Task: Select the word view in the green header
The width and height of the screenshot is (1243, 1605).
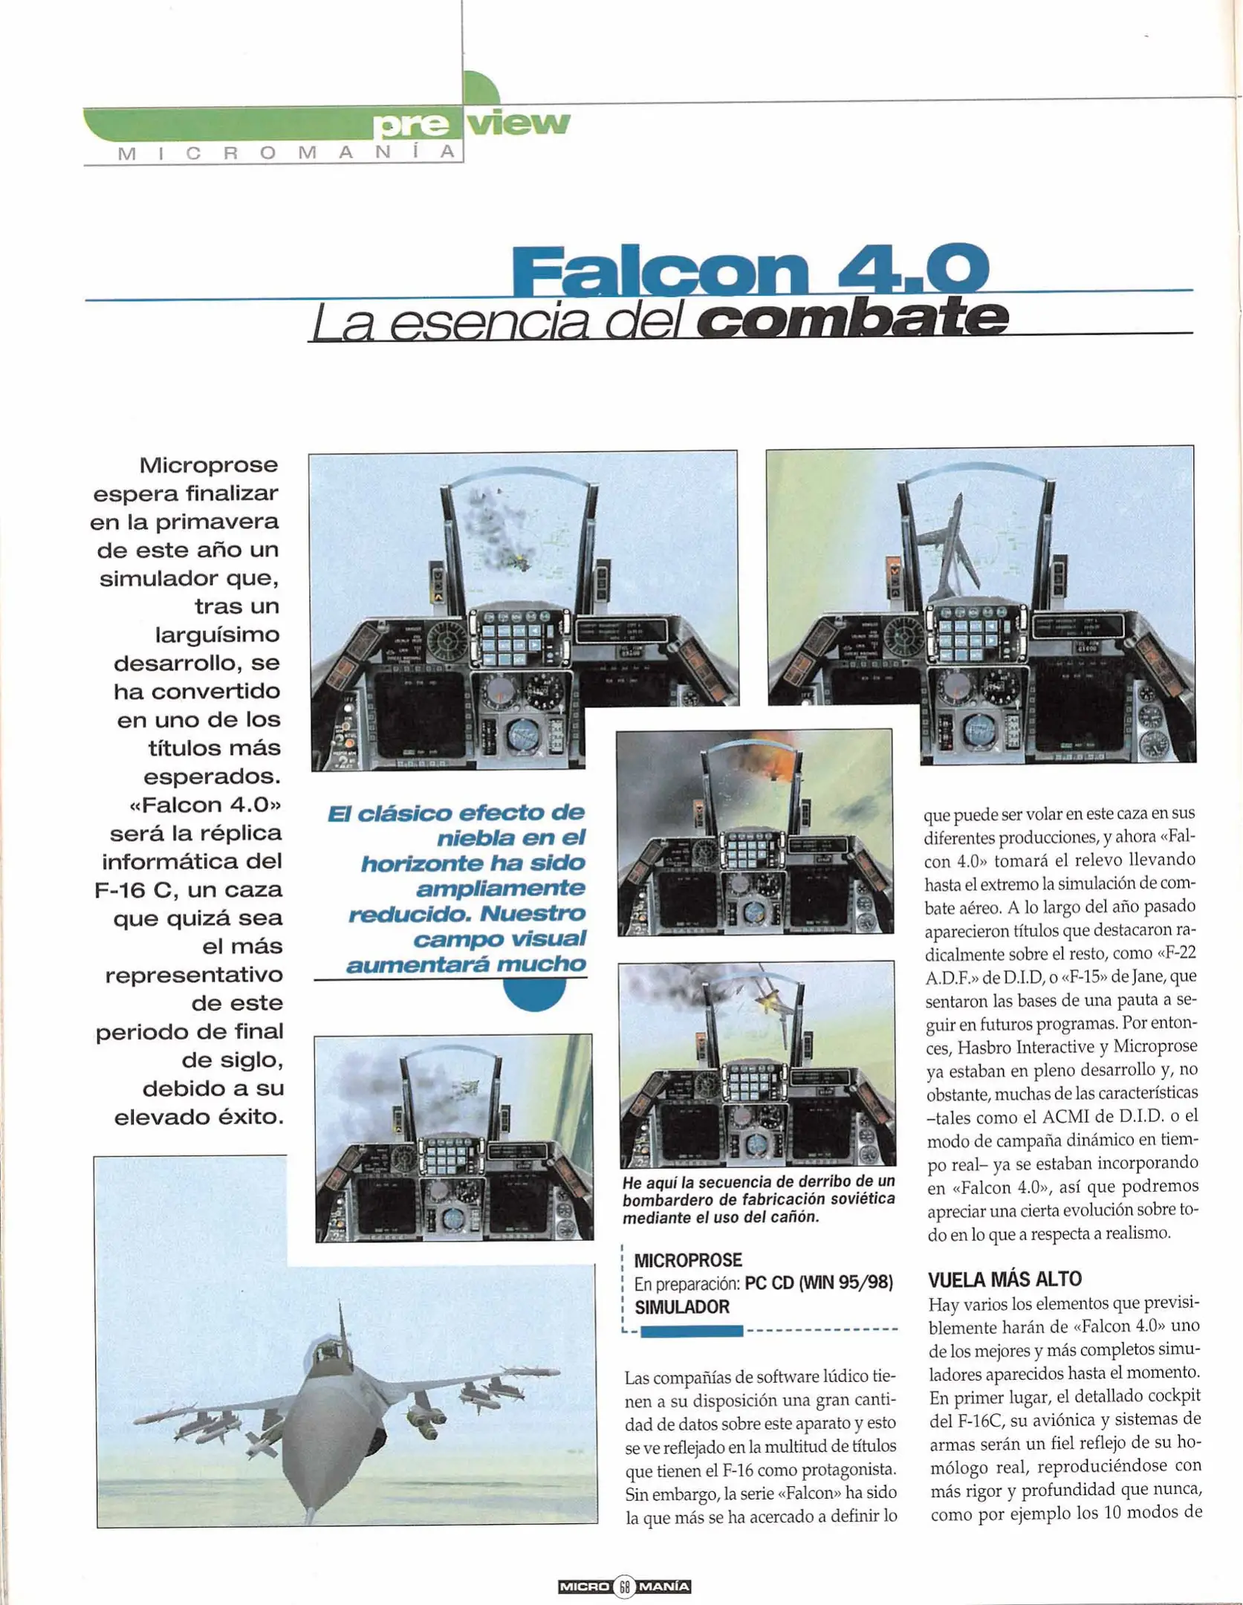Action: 519,123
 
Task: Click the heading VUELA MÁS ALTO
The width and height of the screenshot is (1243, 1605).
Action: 1005,1279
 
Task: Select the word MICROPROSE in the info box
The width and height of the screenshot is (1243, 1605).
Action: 687,1260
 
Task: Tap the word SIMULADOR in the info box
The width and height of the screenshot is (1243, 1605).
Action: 681,1306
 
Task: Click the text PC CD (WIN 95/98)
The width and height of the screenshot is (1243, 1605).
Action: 818,1283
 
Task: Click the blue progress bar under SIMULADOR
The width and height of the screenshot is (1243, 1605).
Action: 691,1331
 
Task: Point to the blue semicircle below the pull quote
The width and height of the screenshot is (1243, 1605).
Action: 533,995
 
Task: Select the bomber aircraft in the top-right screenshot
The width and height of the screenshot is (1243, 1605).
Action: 947,546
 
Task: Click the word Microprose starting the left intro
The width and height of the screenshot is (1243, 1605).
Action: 208,465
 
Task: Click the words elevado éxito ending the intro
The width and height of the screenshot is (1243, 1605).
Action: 198,1116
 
